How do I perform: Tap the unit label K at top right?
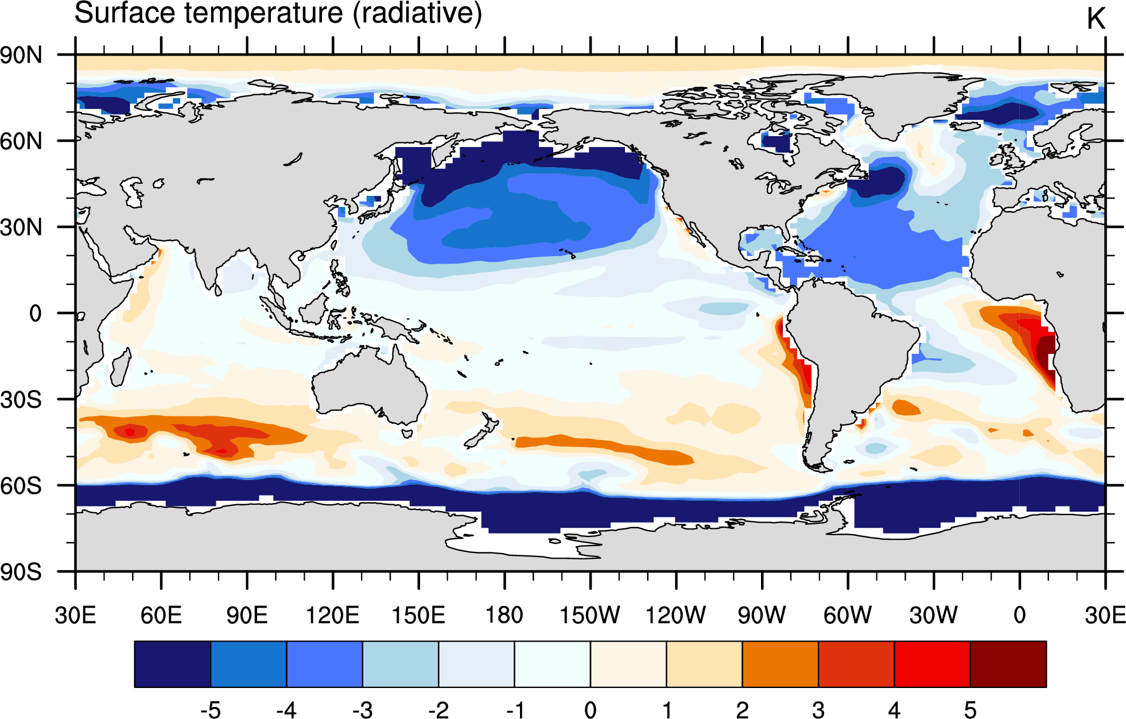(1096, 19)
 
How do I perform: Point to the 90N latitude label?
(21, 56)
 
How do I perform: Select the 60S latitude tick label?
(21, 486)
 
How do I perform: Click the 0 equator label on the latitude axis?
(36, 314)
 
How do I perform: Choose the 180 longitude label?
(504, 615)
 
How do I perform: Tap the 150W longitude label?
(590, 615)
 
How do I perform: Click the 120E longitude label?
(333, 615)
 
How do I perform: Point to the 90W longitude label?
(762, 615)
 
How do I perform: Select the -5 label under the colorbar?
(211, 710)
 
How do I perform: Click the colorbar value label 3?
(818, 710)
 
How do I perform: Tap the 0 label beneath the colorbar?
(590, 710)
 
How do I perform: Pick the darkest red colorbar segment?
(1008, 664)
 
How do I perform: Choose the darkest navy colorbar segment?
(173, 664)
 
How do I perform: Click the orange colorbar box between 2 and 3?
(781, 664)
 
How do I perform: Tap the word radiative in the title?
(417, 13)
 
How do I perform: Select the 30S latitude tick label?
(21, 400)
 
